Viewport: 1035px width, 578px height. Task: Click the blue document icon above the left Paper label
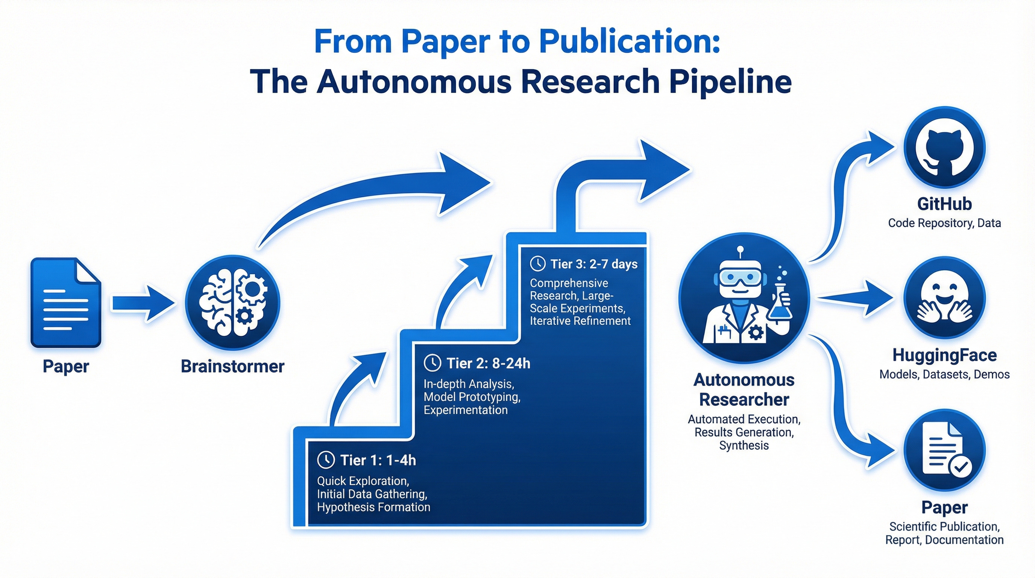tap(65, 302)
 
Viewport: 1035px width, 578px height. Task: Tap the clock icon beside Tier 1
tap(326, 460)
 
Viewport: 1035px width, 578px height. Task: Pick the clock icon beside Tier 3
tap(537, 264)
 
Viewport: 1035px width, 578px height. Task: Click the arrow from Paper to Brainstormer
tap(143, 303)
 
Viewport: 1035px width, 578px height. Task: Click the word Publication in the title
tap(629, 41)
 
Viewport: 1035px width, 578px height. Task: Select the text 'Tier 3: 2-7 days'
tap(594, 264)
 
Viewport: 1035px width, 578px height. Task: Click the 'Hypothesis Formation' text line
tap(373, 507)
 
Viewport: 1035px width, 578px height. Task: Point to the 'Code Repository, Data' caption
tap(944, 223)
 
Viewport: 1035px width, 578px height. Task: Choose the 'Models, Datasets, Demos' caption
tap(944, 375)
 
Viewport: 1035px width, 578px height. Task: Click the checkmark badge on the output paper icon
tap(960, 466)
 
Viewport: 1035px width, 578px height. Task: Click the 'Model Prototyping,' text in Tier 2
tap(472, 397)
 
